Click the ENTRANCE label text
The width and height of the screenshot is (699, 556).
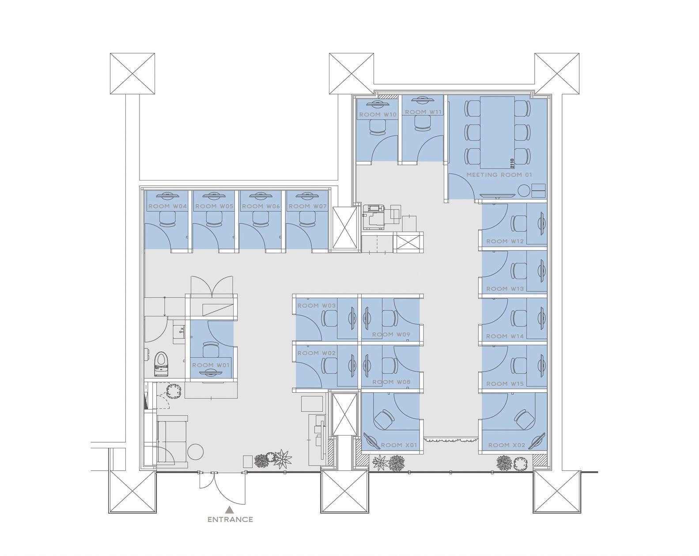(230, 519)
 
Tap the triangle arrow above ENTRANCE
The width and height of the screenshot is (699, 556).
(230, 509)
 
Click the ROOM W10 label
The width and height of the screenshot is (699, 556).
(378, 115)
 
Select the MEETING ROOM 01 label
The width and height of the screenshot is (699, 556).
(499, 175)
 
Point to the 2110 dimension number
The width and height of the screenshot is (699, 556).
(512, 163)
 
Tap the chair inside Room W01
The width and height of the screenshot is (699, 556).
(211, 350)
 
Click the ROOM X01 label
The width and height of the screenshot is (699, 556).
(399, 445)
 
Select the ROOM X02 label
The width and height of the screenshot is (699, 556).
(507, 445)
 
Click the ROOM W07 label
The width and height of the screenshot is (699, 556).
(307, 206)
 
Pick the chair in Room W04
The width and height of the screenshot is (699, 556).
(168, 219)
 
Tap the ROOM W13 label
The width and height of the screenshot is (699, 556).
(505, 289)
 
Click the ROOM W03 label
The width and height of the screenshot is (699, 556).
(316, 305)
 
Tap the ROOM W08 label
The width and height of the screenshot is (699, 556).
(391, 382)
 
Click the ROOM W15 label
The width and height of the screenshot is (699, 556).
(505, 383)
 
